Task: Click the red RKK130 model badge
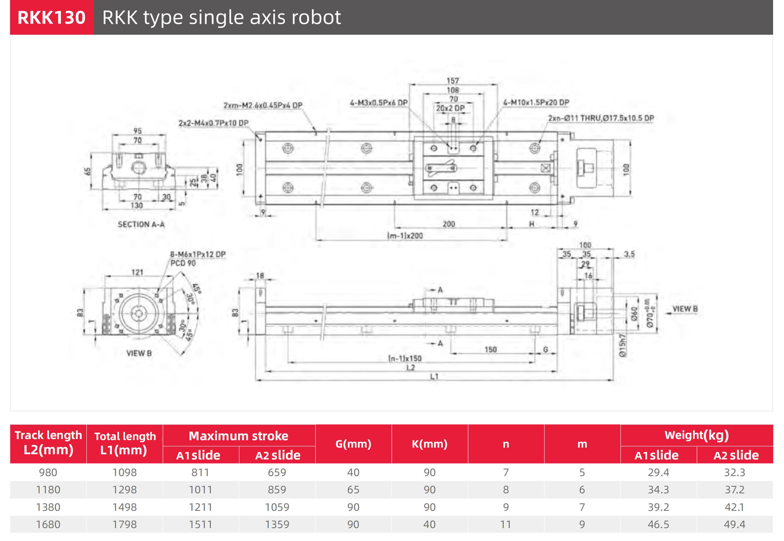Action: tap(51, 17)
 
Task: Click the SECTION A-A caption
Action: tap(141, 224)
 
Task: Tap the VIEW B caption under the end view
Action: tap(139, 353)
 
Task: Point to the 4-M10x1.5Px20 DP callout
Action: tap(536, 102)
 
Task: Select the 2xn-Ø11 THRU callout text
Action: tap(601, 118)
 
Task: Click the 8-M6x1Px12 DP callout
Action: tap(198, 254)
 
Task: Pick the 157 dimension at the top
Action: tap(453, 81)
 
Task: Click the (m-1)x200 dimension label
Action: tap(405, 236)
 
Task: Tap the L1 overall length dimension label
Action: tap(434, 376)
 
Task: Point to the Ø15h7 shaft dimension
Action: tap(622, 345)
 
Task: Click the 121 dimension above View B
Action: tap(137, 272)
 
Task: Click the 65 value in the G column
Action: tap(353, 490)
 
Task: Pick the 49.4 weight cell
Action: tap(735, 524)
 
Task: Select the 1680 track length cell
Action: tap(48, 524)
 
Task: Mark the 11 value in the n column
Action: tap(506, 524)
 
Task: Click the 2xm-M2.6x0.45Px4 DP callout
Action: tap(263, 105)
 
